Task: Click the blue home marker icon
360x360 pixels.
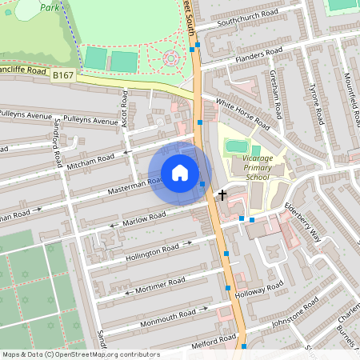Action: pos(180,173)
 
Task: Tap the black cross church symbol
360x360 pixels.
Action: pos(222,194)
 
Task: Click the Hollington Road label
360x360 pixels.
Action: pos(153,253)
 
